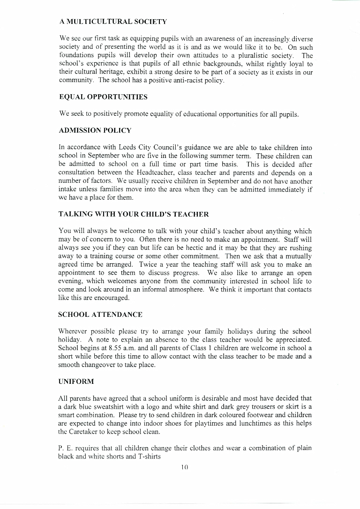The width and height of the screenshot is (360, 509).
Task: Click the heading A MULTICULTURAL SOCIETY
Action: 113,22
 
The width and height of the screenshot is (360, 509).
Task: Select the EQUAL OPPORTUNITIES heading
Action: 103,97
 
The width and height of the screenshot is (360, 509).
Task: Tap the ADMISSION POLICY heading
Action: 95,130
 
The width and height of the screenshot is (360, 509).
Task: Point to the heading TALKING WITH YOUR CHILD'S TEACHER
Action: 134,214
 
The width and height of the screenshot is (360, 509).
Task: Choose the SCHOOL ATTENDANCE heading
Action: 100,314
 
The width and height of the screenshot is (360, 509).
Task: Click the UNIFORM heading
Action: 76,382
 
